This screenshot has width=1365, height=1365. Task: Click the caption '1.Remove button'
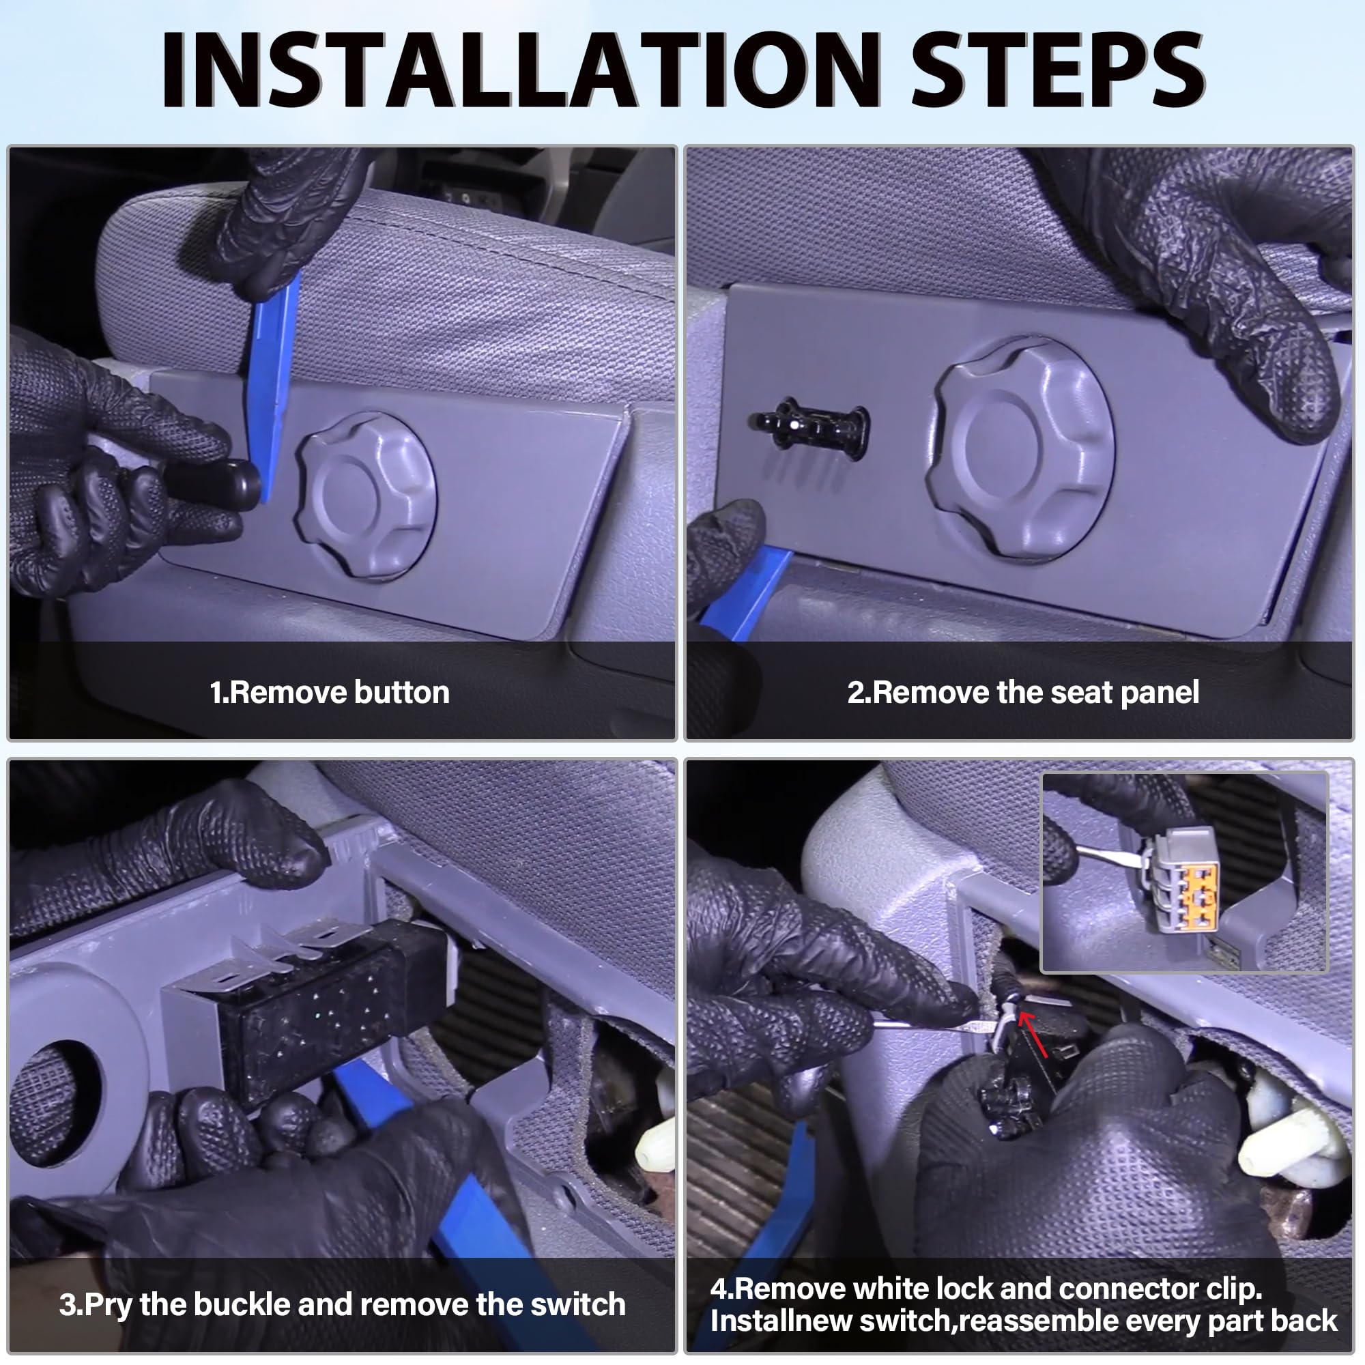[x=329, y=692]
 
